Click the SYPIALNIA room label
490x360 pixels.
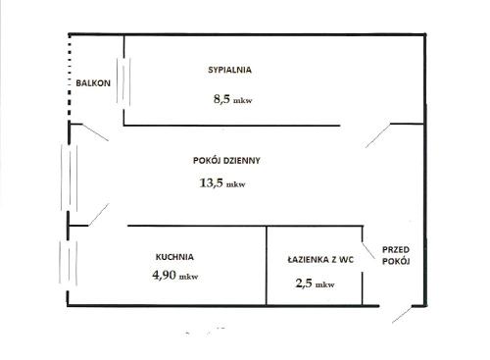tap(229, 70)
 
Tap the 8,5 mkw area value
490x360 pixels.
tap(232, 99)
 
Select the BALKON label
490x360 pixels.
tap(93, 83)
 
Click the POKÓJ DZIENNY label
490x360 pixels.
tap(226, 160)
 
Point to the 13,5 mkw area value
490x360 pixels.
tap(222, 182)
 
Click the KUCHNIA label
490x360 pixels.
tap(174, 257)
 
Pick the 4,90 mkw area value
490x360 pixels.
tap(175, 275)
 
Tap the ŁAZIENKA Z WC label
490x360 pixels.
tap(320, 260)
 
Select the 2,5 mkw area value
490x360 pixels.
tap(315, 283)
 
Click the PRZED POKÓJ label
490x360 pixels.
tap(396, 255)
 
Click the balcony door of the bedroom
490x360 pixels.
tap(123, 81)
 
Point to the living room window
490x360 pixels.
tap(69, 178)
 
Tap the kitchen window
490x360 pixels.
tap(68, 263)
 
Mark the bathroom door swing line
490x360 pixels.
tap(368, 250)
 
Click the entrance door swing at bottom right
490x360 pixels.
tap(402, 314)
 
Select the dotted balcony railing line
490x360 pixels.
tap(70, 76)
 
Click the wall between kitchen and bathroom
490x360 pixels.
tap(267, 266)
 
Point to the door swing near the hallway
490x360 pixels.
tap(378, 135)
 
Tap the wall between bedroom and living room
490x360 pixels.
tap(232, 126)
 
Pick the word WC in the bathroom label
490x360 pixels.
tap(347, 260)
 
